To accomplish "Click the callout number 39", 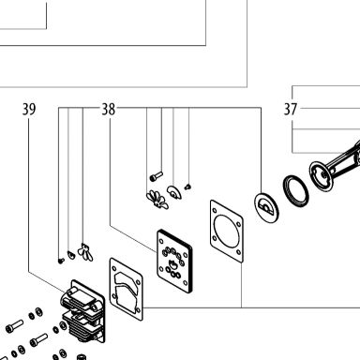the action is [29, 109].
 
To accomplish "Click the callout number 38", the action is [109, 110].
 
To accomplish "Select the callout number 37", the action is [290, 109].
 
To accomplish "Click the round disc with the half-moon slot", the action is [266, 207].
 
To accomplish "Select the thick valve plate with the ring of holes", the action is [174, 262].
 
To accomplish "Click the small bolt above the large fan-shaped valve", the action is [157, 176].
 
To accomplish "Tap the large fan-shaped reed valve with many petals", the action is [157, 200].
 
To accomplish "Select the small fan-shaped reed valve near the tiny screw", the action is [85, 252].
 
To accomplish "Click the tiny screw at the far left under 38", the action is [61, 260].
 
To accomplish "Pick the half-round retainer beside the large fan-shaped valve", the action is [174, 192].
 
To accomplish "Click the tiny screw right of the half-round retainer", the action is [187, 187].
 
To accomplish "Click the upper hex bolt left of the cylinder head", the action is [14, 326].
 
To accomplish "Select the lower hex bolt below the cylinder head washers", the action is [38, 339].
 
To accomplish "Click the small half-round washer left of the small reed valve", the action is [71, 255].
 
